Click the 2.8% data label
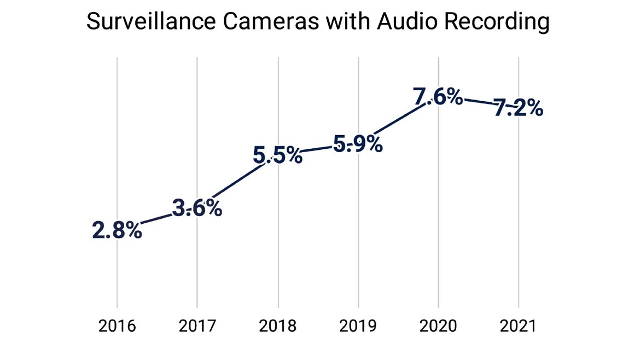117,231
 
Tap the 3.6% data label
197,208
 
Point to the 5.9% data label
358,145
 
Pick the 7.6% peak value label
438,97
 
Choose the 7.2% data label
518,108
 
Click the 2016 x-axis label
117,327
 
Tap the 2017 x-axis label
197,327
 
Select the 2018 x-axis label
278,327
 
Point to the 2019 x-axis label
358,327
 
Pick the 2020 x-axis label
438,327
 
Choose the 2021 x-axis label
519,327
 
